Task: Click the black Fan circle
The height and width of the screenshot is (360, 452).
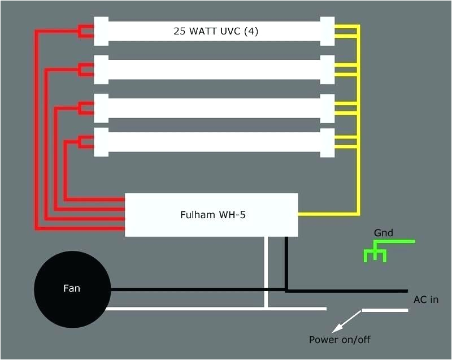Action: [71, 288]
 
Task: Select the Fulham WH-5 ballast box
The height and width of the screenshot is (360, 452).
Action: [211, 215]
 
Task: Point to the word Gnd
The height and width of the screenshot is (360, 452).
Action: [383, 233]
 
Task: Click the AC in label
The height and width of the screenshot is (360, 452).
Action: [425, 300]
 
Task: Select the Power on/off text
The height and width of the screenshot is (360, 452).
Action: [340, 340]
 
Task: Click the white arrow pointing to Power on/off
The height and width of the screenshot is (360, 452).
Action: [346, 320]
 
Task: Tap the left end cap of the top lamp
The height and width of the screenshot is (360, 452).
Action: [101, 31]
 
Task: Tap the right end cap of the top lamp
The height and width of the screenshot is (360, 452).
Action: [327, 31]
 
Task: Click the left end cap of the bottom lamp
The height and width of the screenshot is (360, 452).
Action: [101, 142]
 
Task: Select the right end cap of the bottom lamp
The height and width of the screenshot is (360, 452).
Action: [327, 142]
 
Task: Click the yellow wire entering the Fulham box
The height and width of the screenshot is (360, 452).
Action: [328, 214]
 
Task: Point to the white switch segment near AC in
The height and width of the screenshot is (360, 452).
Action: [384, 310]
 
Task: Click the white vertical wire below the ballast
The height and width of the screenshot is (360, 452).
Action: [266, 271]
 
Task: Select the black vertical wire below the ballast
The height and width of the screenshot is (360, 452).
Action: [286, 263]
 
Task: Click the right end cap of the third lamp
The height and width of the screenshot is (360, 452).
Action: [327, 108]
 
